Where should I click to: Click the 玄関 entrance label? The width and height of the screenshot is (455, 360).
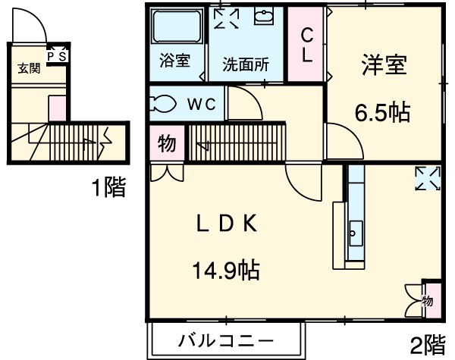28,68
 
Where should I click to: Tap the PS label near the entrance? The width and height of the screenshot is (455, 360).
58,55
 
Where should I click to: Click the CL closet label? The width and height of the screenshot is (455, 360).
307,45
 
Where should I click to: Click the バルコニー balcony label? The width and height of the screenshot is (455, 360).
227,340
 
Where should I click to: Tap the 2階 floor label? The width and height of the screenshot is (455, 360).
428,346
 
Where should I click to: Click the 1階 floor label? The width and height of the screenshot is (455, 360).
108,186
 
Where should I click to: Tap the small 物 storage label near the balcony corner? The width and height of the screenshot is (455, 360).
428,301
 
